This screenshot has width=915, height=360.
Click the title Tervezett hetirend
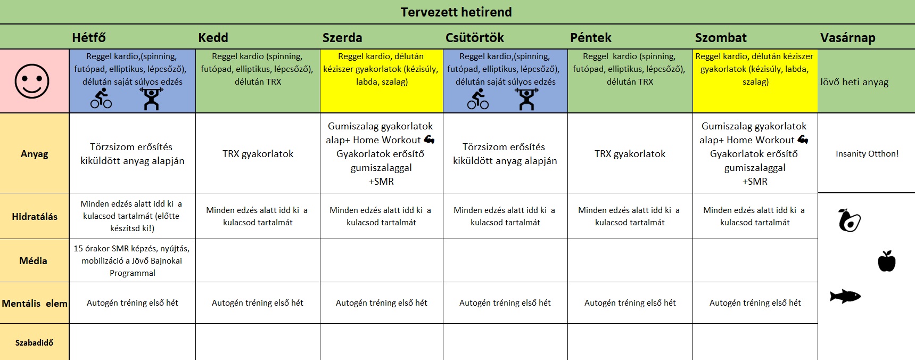456,12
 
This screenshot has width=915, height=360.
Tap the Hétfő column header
89,38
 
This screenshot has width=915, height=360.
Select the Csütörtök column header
475,38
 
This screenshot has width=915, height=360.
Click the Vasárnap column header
848,38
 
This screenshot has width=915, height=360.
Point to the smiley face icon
32,81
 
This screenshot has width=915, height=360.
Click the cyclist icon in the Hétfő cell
101,99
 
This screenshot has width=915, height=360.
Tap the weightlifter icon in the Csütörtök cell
526,99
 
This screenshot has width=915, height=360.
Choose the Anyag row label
35,154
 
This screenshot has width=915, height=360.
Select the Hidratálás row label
35,217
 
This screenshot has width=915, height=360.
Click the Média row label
34,261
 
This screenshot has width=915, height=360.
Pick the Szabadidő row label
35,343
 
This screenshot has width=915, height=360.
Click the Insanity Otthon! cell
867,154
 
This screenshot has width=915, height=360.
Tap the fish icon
845,296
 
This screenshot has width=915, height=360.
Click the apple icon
887,261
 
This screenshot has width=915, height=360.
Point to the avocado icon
849,220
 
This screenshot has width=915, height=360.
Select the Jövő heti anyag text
854,82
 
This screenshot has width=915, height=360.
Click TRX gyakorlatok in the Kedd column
258,154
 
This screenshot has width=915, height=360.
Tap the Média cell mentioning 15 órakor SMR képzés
133,261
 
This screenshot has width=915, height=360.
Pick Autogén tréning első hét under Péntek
630,303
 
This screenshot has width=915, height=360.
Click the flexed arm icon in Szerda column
430,140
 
